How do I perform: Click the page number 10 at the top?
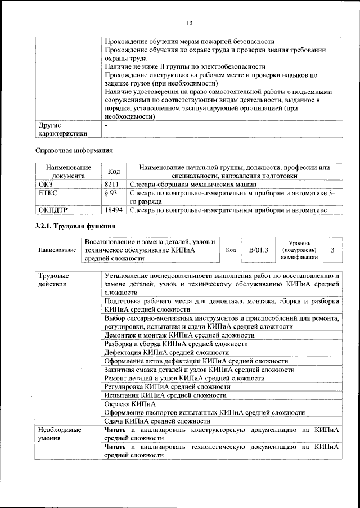click(189, 23)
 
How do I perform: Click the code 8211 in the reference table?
click(112, 183)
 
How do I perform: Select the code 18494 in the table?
click(114, 210)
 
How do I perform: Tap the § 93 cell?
click(111, 192)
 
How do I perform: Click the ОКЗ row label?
click(44, 183)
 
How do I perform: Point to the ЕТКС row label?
click(47, 192)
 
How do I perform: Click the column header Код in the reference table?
click(114, 171)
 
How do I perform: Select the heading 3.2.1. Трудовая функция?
click(75, 226)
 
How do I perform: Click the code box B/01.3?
click(259, 249)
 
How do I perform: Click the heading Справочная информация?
click(74, 150)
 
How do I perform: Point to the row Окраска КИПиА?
click(130, 403)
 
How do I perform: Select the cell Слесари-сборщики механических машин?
click(193, 183)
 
